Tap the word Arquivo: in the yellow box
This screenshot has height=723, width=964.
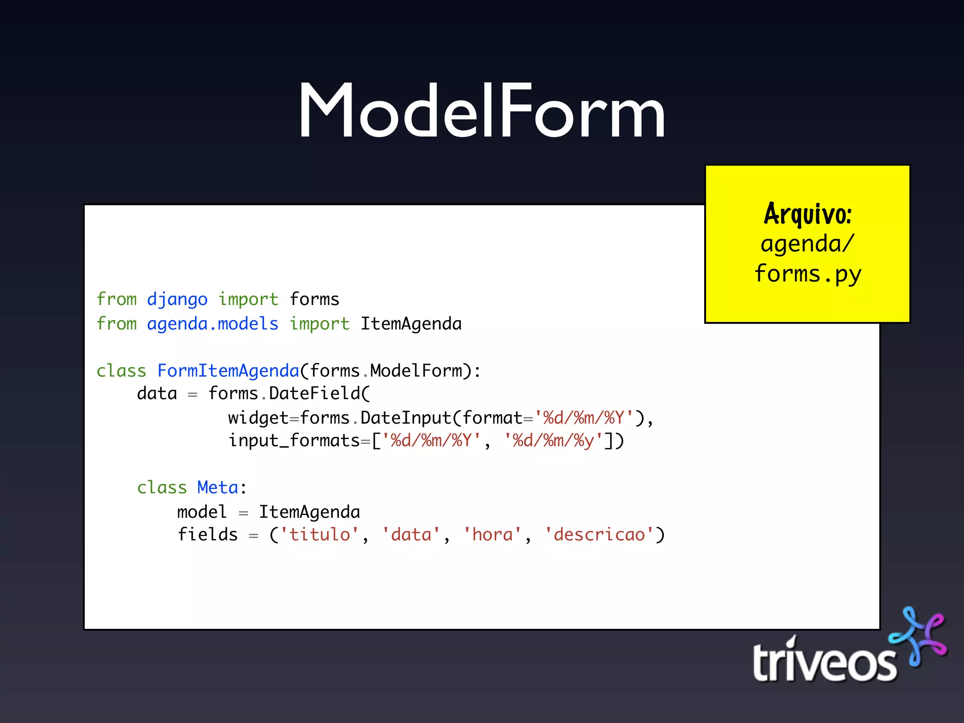pos(808,214)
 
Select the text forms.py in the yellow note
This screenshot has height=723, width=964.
pos(808,274)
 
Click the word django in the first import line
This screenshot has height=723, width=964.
pos(177,299)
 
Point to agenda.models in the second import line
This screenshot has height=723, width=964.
pos(212,324)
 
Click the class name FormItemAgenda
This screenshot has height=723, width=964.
pos(228,371)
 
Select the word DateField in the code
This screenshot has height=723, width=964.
pos(314,394)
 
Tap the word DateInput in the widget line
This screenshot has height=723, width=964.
pos(406,418)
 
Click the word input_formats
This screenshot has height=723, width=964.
pos(294,441)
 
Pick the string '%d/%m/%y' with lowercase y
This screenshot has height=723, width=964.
pos(553,441)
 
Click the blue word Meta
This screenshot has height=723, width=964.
pos(217,488)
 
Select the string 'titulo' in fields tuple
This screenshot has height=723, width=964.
pos(320,535)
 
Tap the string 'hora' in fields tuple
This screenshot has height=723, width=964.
pos(492,535)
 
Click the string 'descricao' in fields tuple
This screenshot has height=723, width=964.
pos(599,535)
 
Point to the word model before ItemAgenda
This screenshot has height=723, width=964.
pos(202,512)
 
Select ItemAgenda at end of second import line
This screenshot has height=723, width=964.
pos(411,324)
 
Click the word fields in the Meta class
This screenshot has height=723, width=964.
pos(208,535)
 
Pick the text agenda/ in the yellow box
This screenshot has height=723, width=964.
pos(807,244)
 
